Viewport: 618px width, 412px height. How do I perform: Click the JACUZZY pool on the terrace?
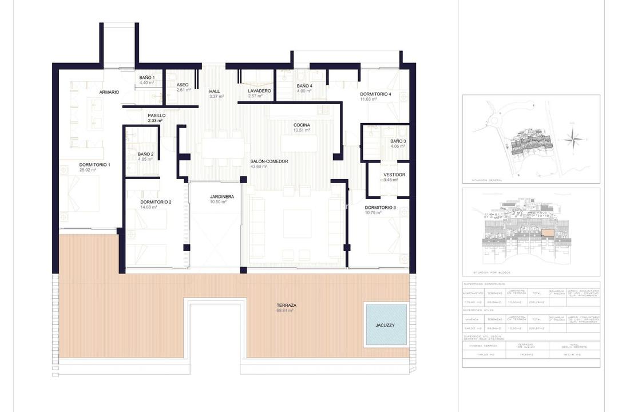(386, 324)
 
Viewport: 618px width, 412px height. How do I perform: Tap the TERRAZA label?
(284, 307)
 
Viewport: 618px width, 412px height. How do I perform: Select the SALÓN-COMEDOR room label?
(269, 161)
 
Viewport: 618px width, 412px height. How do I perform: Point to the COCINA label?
(302, 125)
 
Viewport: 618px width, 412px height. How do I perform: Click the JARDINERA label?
(217, 196)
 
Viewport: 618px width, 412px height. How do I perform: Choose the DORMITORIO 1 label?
(94, 165)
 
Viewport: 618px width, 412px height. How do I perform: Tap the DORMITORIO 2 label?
(156, 201)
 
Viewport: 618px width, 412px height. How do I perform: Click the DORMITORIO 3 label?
(380, 207)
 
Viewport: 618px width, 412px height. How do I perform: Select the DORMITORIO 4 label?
(375, 94)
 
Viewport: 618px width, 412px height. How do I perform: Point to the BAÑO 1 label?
(147, 78)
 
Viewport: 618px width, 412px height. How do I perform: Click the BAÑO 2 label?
(145, 154)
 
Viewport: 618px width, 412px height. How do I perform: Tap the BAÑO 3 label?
(398, 141)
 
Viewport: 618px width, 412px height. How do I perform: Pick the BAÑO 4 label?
(304, 86)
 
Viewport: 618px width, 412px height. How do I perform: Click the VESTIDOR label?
(394, 175)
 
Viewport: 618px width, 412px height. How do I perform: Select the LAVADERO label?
(259, 90)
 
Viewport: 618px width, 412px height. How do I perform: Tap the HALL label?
(215, 91)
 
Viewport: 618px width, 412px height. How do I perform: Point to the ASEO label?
(183, 85)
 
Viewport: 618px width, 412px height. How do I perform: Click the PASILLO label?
(156, 116)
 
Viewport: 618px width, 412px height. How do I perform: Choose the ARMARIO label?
(109, 92)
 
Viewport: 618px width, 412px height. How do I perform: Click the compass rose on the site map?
(572, 138)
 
